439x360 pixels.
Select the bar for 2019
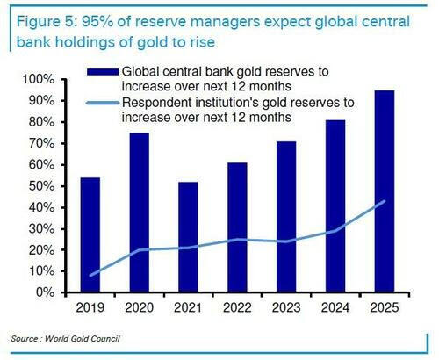coord(90,234)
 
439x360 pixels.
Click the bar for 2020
coord(140,212)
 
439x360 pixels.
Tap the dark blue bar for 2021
coord(188,237)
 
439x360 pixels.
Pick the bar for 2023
coord(286,217)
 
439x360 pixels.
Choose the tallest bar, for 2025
coord(385,191)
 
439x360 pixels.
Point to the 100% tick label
coord(38,79)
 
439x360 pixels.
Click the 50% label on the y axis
coord(41,186)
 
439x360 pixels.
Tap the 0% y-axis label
coord(45,292)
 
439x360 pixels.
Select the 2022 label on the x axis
coord(237,307)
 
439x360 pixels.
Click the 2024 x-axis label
coord(335,307)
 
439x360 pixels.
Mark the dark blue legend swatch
coord(103,72)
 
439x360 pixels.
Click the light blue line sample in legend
coord(103,103)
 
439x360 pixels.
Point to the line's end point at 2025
coord(385,201)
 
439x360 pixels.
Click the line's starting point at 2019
coord(90,275)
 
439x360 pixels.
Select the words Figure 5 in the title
coord(46,23)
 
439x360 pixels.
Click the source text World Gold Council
coord(83,339)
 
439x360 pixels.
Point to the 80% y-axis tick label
coord(41,122)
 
